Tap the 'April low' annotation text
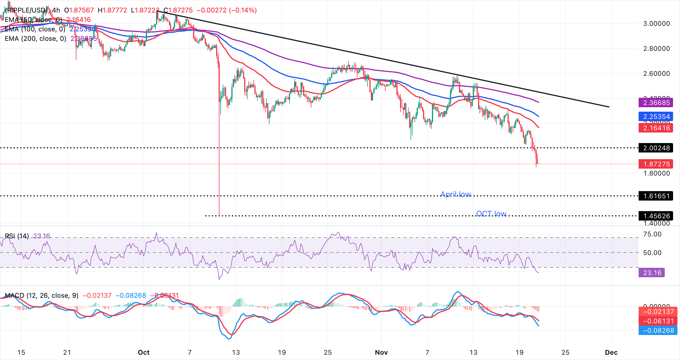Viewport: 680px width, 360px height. coord(456,194)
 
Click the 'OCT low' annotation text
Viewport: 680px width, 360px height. coord(491,214)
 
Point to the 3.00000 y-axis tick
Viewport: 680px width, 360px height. coord(656,24)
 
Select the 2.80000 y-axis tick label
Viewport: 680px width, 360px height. coord(656,49)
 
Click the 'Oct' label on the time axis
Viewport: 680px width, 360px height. coord(144,352)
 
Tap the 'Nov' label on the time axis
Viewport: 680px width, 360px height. coord(381,352)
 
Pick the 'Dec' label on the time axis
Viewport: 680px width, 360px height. coord(611,352)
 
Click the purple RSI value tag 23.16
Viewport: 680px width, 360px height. coord(652,273)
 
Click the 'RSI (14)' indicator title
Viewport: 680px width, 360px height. coord(17,236)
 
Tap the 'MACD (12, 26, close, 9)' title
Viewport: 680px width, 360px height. coord(42,295)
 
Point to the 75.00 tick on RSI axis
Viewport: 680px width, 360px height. coord(652,234)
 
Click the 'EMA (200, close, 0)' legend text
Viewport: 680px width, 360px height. coord(35,39)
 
